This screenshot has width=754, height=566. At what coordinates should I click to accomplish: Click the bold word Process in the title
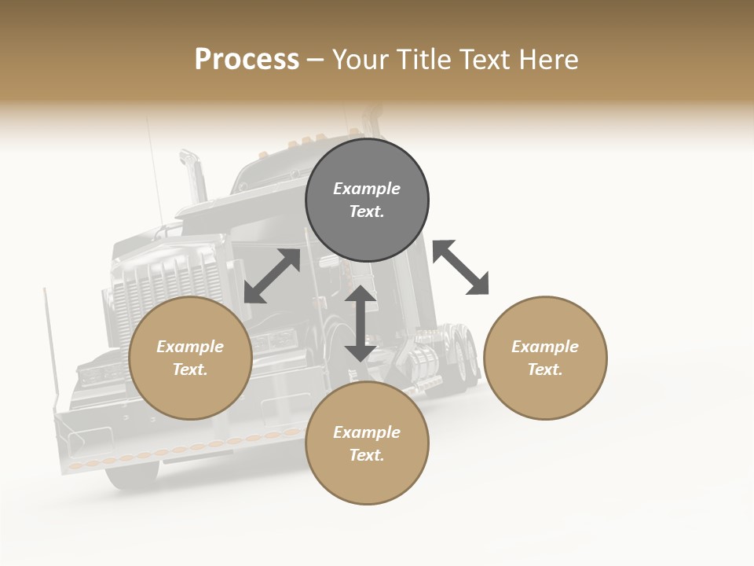[247, 60]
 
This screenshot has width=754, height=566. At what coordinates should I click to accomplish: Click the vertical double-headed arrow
[361, 322]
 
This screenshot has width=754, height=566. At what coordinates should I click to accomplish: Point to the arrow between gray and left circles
[272, 276]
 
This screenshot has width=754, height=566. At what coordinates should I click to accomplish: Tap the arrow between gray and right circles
[460, 267]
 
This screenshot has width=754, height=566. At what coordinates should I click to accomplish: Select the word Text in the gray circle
[366, 211]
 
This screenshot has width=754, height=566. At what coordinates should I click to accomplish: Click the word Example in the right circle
[545, 347]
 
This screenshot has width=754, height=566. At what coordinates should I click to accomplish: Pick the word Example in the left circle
[190, 347]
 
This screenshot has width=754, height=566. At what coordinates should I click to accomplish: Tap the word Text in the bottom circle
[366, 455]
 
